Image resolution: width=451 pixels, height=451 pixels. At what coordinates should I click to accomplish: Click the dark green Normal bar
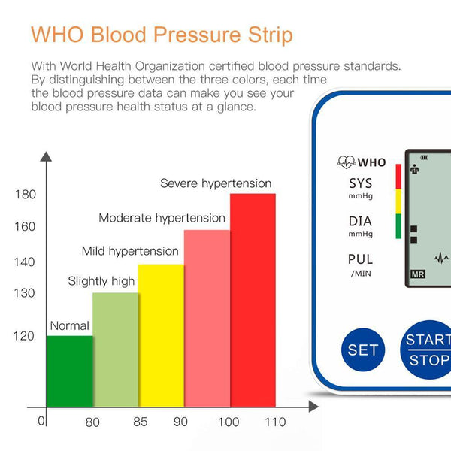point(69,372)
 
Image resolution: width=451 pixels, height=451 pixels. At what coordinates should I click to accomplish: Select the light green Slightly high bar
point(115,350)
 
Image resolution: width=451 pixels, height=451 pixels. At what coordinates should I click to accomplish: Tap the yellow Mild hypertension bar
point(161,336)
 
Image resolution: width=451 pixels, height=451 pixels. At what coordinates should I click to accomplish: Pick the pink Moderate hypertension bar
point(207,319)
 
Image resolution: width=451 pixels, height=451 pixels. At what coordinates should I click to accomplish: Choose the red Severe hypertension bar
point(253,301)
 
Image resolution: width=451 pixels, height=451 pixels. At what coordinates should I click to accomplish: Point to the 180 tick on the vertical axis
point(26,195)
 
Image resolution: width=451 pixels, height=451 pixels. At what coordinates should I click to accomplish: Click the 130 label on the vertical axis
point(26,293)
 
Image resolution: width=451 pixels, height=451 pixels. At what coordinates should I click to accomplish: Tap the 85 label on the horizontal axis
point(140,422)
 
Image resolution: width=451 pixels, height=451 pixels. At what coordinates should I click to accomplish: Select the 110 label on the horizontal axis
point(275,422)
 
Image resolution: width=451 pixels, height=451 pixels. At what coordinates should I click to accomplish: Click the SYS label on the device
point(360,184)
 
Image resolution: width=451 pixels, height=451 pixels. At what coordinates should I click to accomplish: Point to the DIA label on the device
point(360,222)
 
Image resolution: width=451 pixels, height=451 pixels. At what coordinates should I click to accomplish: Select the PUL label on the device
point(360,259)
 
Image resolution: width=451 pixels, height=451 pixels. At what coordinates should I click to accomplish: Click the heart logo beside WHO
point(346,162)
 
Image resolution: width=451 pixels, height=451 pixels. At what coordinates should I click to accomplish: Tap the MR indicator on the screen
point(418,274)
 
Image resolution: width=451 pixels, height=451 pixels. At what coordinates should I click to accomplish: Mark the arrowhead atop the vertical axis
point(46,157)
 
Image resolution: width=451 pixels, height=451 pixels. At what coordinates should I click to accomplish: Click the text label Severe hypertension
point(216,183)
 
